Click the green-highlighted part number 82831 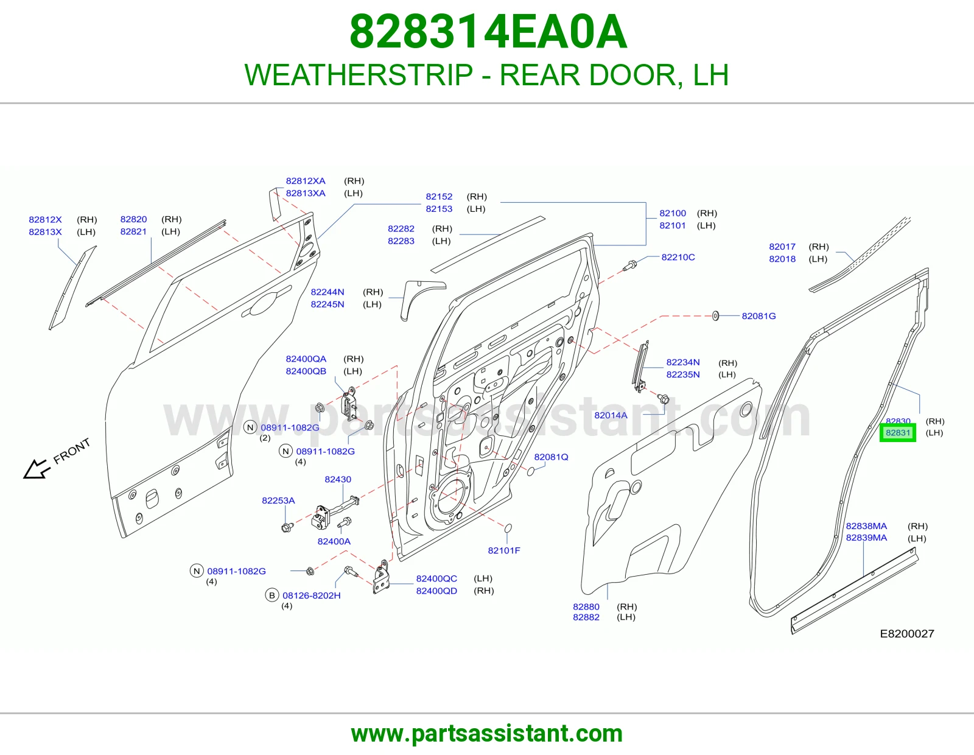[x=898, y=433]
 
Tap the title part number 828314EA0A [x=488, y=32]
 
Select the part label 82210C [x=678, y=257]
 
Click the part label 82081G [x=759, y=315]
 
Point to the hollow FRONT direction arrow [x=36, y=469]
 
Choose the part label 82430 [x=338, y=479]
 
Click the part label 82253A [x=278, y=500]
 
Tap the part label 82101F [x=504, y=550]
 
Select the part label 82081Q [x=551, y=457]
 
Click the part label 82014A [x=611, y=415]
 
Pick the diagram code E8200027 [x=907, y=633]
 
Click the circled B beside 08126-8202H [x=272, y=595]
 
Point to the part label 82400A [x=334, y=541]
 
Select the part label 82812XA [x=306, y=181]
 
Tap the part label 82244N [x=328, y=292]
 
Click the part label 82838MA [x=866, y=526]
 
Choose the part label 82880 [x=586, y=606]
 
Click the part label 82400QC [x=436, y=578]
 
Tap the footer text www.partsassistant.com [x=487, y=734]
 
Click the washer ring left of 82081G [x=715, y=316]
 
